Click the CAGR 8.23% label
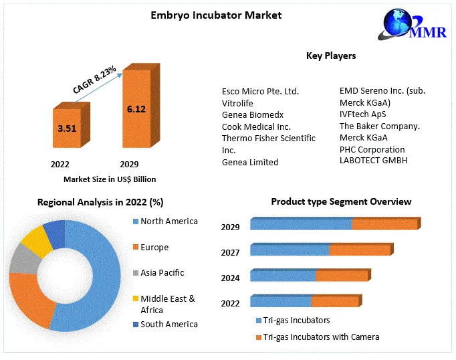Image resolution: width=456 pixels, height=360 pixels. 94,80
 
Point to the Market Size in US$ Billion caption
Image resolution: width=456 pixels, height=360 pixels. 110,179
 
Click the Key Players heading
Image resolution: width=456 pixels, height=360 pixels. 331,56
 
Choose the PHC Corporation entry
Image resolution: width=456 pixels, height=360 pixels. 372,149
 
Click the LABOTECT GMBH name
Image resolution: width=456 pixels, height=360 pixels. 373,160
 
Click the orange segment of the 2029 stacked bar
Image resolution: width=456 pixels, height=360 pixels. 384,224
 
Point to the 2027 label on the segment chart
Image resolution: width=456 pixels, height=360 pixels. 231,252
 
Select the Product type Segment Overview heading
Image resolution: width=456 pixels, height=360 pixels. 341,201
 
